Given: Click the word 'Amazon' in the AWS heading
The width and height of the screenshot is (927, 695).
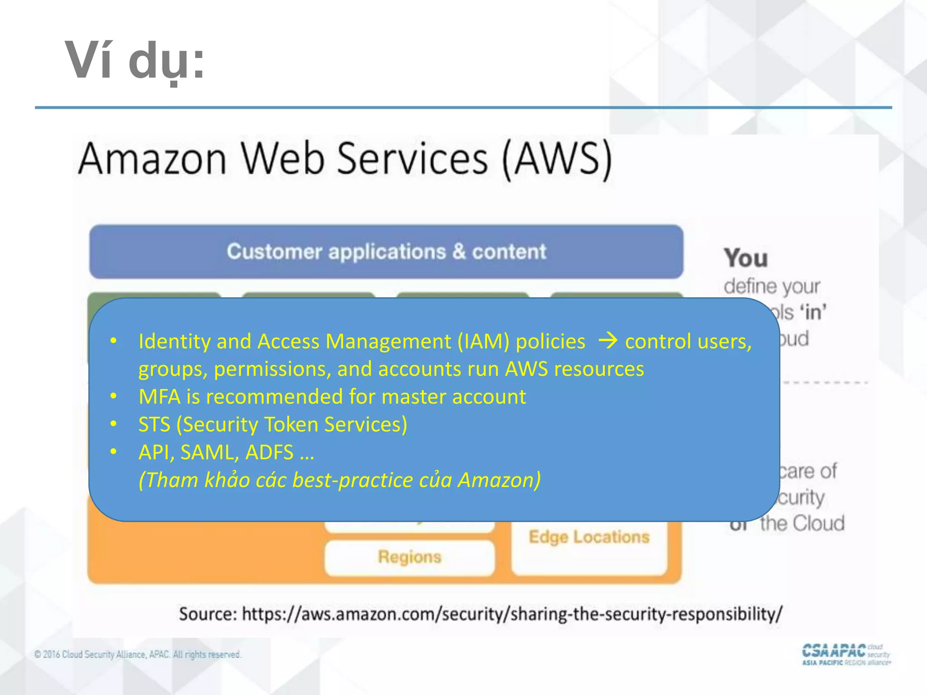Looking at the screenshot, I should pos(152,159).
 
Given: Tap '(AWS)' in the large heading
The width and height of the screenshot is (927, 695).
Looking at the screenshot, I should pos(557,159).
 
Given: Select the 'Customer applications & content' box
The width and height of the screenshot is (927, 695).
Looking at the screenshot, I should pos(386,252).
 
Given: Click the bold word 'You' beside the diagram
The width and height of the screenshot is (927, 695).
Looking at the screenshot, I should pos(745,258).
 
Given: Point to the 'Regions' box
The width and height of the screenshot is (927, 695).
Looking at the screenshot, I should pos(410,557).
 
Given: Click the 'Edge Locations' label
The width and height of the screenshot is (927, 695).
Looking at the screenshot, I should pos(589,537).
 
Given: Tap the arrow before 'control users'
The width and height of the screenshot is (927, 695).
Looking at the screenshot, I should pos(607,341).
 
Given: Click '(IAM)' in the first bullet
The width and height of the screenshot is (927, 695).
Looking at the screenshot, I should pos(483,341).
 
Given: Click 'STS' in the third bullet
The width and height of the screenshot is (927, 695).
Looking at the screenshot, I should pos(154,424).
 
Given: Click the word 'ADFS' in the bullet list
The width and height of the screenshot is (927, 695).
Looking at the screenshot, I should pos(269,452).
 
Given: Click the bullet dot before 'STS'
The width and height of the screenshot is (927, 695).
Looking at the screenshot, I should pos(114,424).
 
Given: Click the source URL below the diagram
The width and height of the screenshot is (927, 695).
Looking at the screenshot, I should pos(511,614).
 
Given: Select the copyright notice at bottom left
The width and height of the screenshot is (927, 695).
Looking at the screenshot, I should pos(138,654).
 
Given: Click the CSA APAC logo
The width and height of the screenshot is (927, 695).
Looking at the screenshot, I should pos(846,654).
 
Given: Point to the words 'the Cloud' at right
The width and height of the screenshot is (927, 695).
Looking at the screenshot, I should pos(802,524).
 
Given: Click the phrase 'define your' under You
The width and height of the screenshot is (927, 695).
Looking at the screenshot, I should pos(771,286).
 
